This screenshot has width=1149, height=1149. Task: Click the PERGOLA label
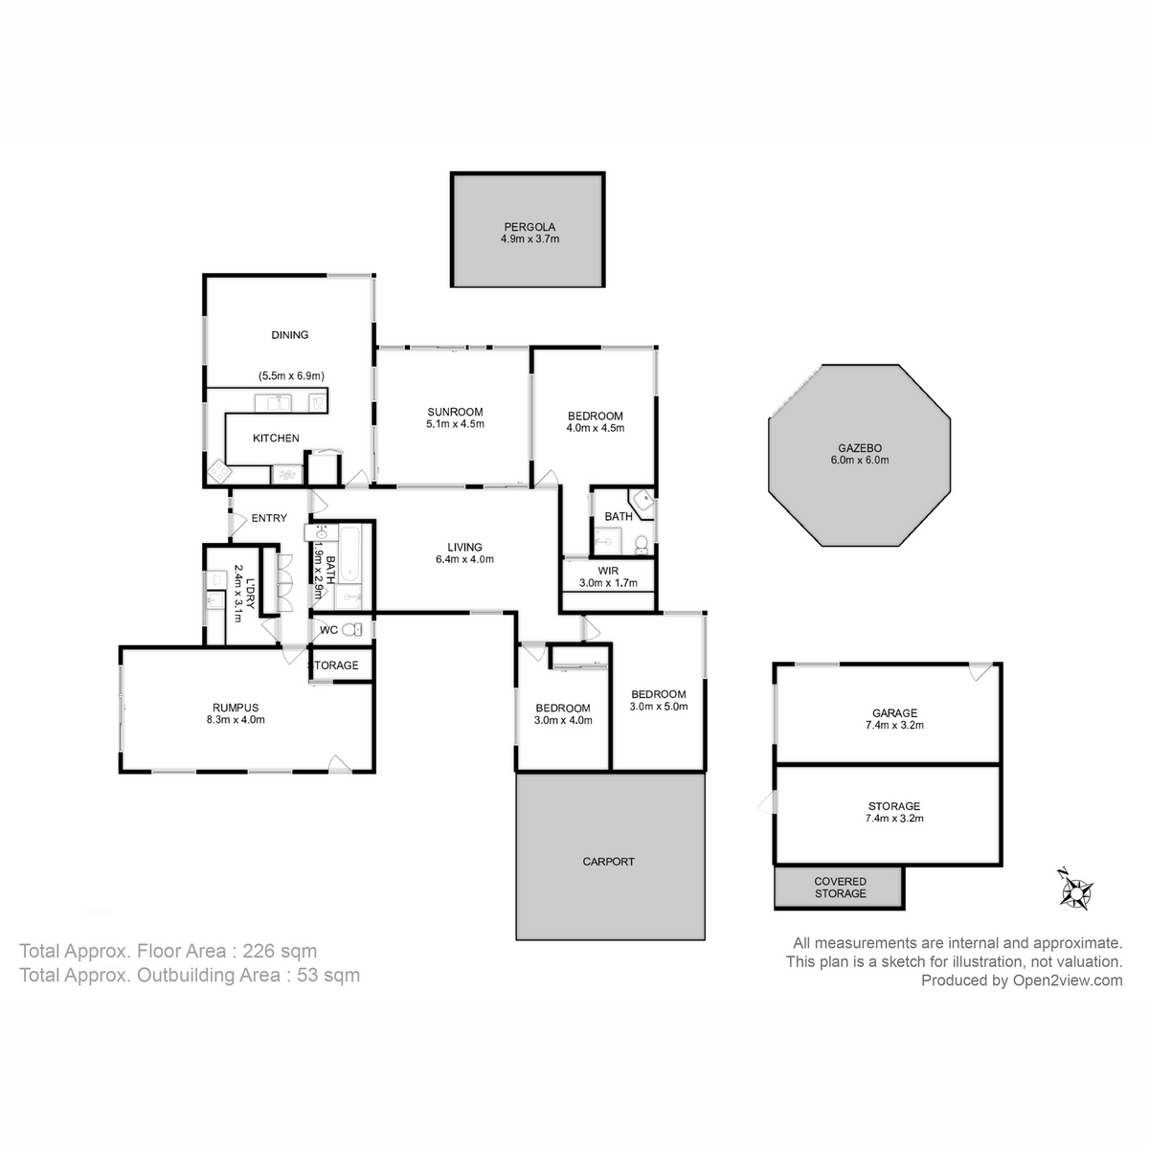pos(529,227)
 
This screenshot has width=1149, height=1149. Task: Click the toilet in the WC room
pos(355,630)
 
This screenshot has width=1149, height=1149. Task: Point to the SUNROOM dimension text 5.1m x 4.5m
pos(455,424)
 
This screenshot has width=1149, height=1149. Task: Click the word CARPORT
pos(608,862)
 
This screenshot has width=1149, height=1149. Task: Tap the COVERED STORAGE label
pos(840,888)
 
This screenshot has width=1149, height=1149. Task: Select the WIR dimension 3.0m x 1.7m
pos(608,583)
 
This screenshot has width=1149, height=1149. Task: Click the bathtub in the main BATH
pos(349,554)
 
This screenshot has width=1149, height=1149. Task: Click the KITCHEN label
pos(276,439)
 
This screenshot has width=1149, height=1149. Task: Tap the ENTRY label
pos(269,519)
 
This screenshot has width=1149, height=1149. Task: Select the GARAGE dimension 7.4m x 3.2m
pos(894,726)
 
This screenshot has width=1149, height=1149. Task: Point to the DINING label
pos(290,335)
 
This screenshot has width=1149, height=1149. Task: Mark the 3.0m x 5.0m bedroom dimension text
pos(659,707)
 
